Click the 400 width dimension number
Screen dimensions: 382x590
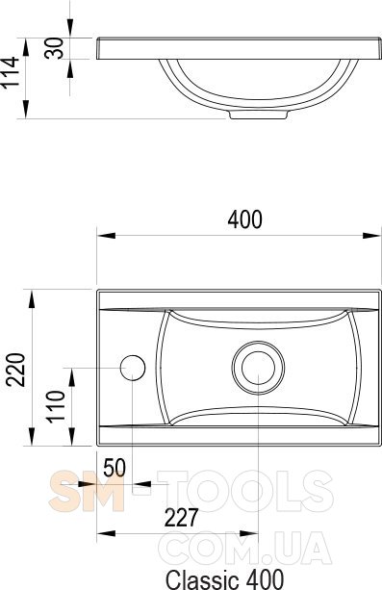pos(244,219)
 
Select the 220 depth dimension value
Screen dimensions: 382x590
pos(16,370)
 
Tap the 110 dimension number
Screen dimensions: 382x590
pos(56,406)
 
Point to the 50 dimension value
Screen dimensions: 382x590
pos(115,468)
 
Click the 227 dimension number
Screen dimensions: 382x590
pos(181,518)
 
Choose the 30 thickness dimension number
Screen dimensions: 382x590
pos(54,48)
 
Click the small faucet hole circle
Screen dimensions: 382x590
pos(133,368)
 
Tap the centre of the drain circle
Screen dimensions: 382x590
pos(258,368)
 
